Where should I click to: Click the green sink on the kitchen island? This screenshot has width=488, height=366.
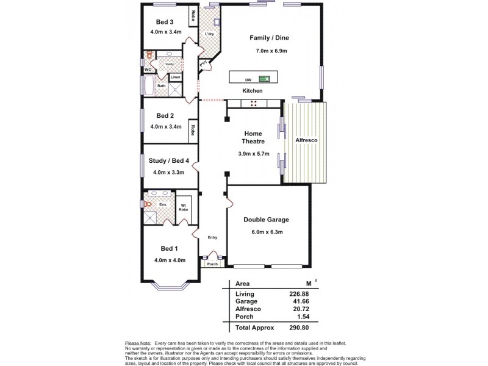(x=265, y=78)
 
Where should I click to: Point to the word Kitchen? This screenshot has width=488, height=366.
(x=253, y=91)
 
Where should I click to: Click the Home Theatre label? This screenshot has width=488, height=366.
(x=253, y=137)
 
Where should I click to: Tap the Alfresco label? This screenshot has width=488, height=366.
(x=306, y=140)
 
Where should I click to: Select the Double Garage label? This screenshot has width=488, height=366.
(x=266, y=220)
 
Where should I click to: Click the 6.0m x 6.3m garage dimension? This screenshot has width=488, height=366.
(x=266, y=232)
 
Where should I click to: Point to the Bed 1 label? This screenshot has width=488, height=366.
(x=169, y=248)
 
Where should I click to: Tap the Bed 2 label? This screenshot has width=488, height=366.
(x=165, y=115)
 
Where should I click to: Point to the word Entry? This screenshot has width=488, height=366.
(x=212, y=238)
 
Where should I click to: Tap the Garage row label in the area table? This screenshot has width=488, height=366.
(x=246, y=301)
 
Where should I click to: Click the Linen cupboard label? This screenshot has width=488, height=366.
(x=175, y=77)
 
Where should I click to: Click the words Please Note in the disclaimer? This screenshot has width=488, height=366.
(x=137, y=344)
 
